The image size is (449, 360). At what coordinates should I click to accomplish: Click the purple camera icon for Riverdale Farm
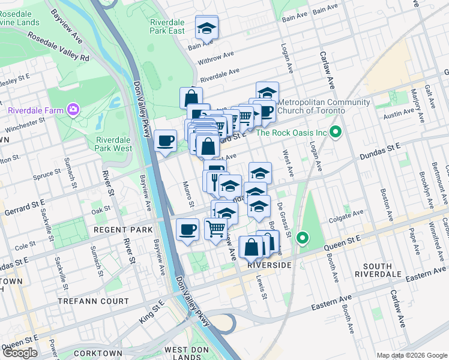(x=73, y=109)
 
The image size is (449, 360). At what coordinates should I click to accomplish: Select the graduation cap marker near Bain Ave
(x=206, y=28)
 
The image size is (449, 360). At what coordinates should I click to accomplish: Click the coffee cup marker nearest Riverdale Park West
(x=165, y=142)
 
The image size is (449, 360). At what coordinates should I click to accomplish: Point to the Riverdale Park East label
(x=167, y=26)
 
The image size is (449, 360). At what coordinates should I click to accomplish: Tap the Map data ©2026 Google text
(x=412, y=355)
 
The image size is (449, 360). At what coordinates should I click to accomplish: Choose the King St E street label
(x=152, y=313)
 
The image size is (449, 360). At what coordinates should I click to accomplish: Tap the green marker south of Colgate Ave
(x=303, y=239)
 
